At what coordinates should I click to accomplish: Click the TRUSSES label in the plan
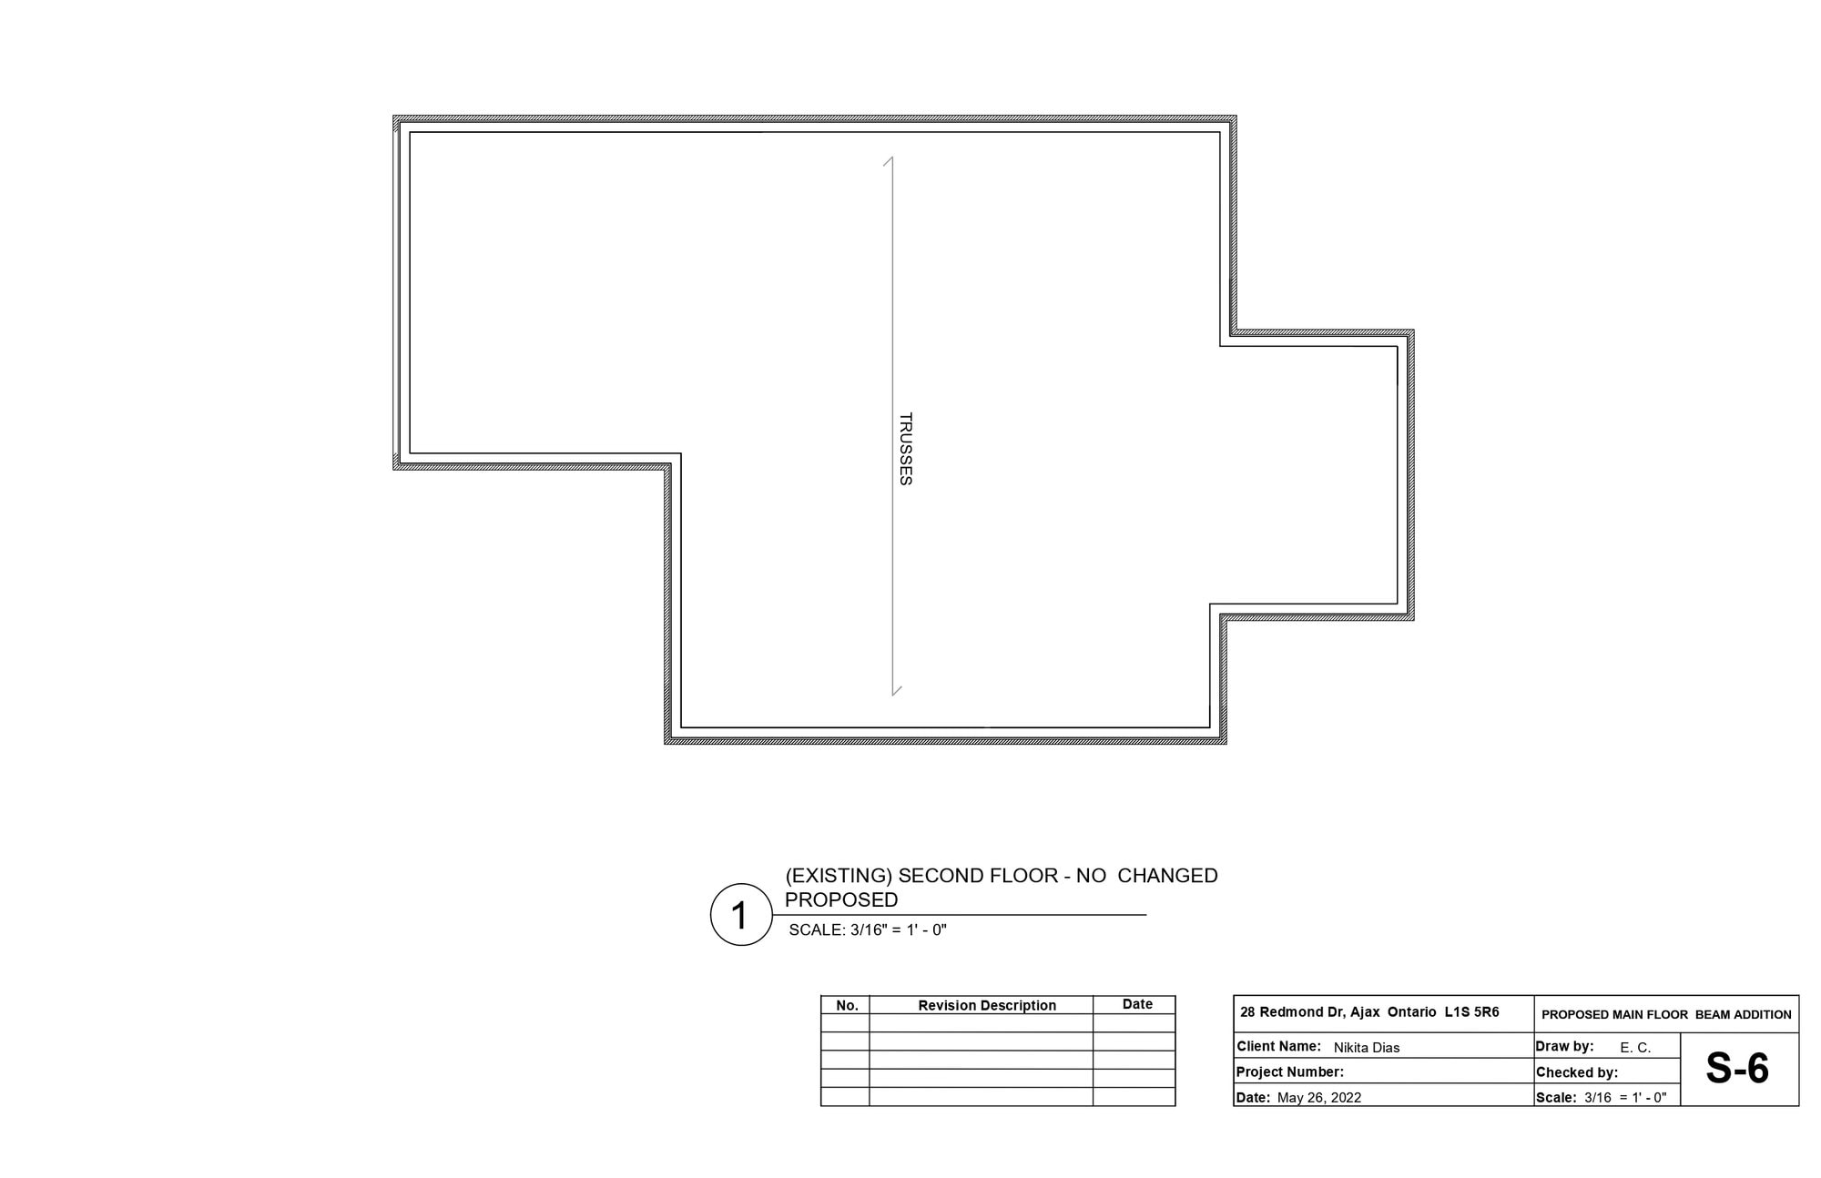[x=905, y=449]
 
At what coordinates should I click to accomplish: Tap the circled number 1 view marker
[x=741, y=915]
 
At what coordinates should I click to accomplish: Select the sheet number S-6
[x=1737, y=1069]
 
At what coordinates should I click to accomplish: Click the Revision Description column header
[x=987, y=1006]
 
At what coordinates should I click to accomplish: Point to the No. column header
[x=847, y=1006]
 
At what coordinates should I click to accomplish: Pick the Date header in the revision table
[x=1137, y=1004]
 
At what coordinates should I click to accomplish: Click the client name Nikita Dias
[x=1367, y=1048]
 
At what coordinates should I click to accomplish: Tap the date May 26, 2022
[x=1319, y=1098]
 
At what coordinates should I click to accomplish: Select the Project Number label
[x=1289, y=1072]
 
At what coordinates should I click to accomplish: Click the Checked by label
[x=1577, y=1072]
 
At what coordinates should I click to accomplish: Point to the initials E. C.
[x=1635, y=1048]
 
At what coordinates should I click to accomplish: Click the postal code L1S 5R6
[x=1472, y=1012]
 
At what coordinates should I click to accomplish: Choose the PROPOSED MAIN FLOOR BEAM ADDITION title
[x=1666, y=1014]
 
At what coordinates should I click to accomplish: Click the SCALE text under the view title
[x=868, y=930]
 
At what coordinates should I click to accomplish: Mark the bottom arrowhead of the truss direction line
[x=895, y=692]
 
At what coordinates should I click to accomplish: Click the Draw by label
[x=1564, y=1047]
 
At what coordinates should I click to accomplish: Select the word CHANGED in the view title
[x=1167, y=876]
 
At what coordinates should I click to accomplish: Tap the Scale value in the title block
[x=1625, y=1098]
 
